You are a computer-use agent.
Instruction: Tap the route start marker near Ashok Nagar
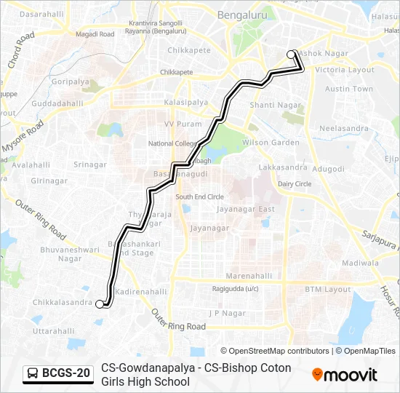[292, 54]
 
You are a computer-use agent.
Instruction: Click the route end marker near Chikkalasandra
[100, 305]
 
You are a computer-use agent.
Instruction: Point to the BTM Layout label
[327, 290]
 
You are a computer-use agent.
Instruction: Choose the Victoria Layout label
[345, 70]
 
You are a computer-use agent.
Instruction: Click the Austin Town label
[348, 89]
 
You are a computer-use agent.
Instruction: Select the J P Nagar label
[225, 313]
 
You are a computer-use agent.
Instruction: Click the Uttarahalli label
[54, 330]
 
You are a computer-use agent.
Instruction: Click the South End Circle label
[199, 197]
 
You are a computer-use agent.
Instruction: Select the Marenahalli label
[249, 277]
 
